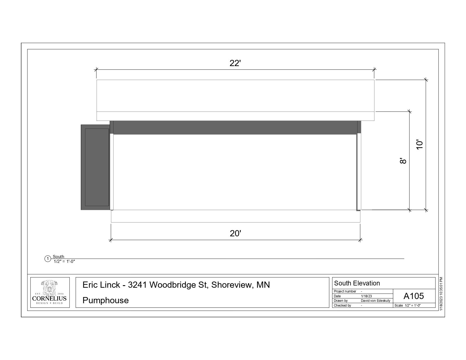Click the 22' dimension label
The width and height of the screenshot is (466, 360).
pyautogui.click(x=235, y=63)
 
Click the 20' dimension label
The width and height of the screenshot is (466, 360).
pyautogui.click(x=235, y=234)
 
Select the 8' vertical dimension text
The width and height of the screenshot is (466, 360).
pyautogui.click(x=403, y=161)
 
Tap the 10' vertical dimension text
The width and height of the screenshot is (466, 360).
pyautogui.click(x=419, y=145)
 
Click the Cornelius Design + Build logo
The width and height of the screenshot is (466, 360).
pyautogui.click(x=50, y=293)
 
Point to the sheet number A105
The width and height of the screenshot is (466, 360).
pyautogui.click(x=413, y=296)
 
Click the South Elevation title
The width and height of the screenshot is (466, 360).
pyautogui.click(x=357, y=283)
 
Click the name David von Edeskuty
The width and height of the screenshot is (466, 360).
pyautogui.click(x=376, y=301)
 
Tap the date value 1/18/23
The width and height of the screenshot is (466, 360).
pyautogui.click(x=366, y=296)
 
